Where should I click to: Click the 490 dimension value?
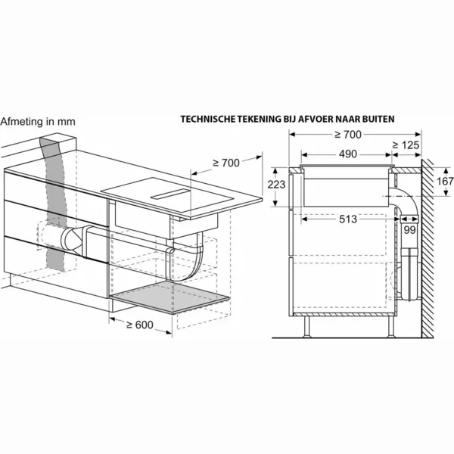[x=348, y=154]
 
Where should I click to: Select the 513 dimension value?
[x=348, y=219]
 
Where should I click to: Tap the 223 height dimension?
[x=276, y=184]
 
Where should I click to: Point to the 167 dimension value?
[x=445, y=182]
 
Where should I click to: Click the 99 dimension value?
[x=409, y=230]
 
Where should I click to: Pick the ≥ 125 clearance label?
[x=406, y=145]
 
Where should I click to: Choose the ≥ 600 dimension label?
[x=140, y=325]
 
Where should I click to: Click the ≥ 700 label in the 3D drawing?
[x=226, y=163]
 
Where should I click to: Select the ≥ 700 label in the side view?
[x=348, y=135]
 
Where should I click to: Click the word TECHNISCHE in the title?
[x=208, y=119]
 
